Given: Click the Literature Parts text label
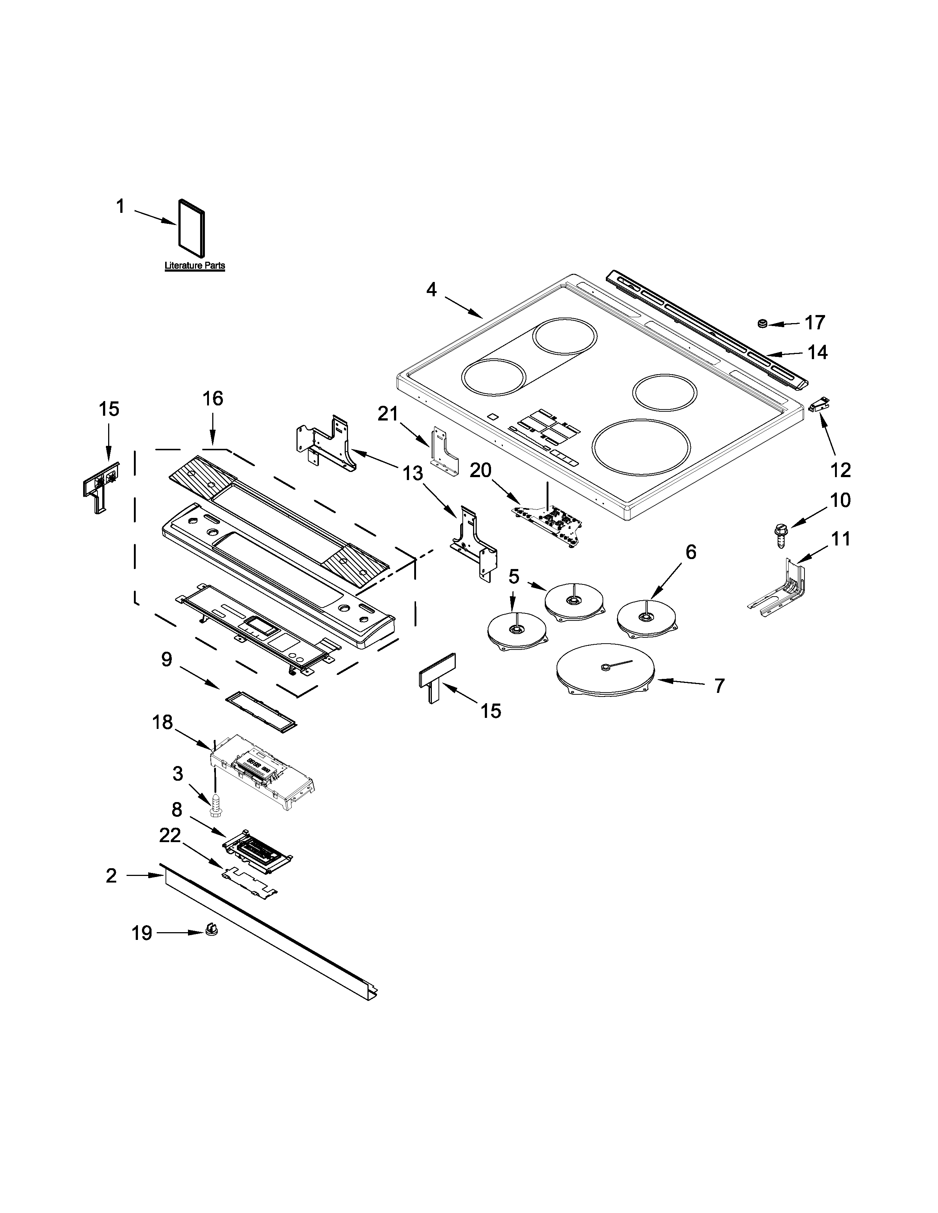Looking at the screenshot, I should tap(195, 265).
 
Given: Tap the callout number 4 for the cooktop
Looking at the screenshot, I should tap(431, 289).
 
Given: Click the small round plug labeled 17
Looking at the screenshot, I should tap(763, 323).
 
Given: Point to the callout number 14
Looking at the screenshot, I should tap(817, 352).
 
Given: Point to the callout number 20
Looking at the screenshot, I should tap(480, 470).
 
